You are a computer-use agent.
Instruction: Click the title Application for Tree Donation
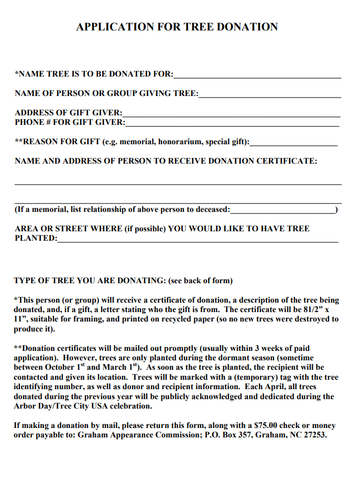pos(177,27)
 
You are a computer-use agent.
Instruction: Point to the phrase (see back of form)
pos(200,281)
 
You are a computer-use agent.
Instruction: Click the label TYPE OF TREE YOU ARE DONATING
pos(89,281)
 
